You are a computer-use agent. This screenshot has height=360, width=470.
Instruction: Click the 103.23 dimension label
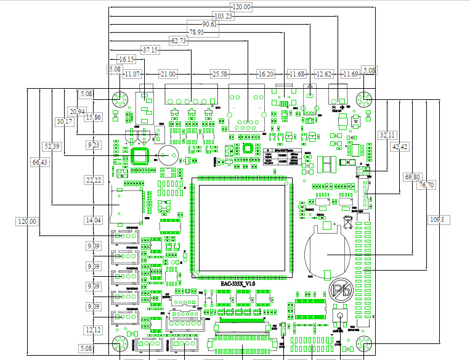point(224,16)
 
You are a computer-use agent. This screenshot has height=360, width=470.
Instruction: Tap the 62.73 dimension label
point(179,41)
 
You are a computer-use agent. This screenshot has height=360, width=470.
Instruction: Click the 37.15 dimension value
point(150,50)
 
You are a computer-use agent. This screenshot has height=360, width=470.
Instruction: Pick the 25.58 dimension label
point(219,74)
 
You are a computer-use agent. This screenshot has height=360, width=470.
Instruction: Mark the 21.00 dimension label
point(168,74)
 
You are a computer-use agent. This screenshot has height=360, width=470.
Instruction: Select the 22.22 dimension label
point(94,180)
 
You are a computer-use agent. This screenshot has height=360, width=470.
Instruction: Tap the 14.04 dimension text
point(93,220)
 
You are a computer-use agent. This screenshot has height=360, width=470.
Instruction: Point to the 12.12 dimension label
point(94,330)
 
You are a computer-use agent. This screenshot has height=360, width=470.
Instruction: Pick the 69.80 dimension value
point(413,178)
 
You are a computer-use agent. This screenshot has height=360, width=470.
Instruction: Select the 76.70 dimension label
point(426,185)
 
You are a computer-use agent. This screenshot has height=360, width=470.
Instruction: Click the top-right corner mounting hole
point(365,99)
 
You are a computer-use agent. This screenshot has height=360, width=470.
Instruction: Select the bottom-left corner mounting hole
point(120,345)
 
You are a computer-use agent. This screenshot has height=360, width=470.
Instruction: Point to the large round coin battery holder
point(326,253)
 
